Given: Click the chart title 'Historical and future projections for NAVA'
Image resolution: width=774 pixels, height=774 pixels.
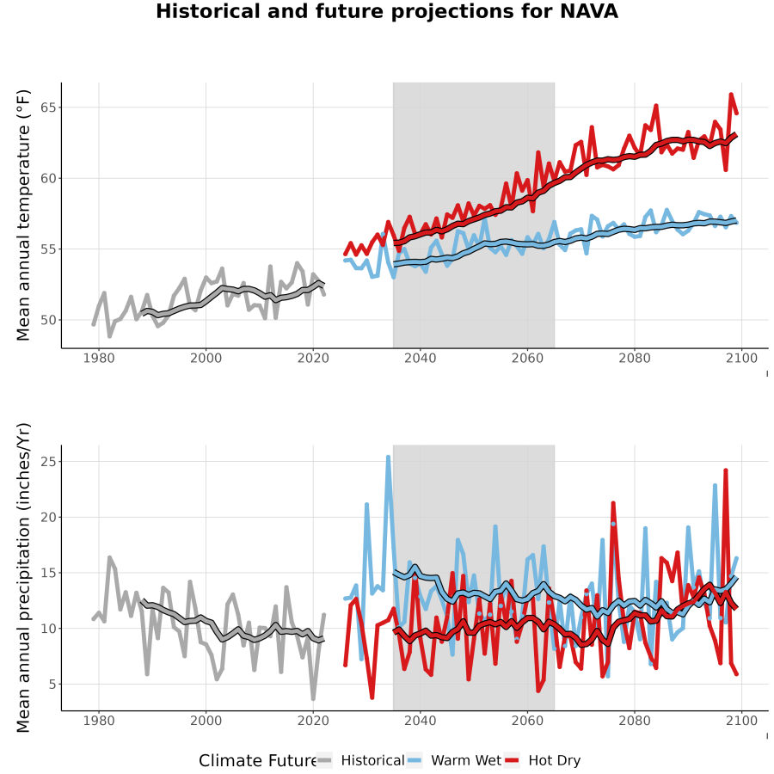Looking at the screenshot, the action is pos(387,12).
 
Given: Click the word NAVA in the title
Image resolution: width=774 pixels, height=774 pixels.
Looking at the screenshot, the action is pos(589,11).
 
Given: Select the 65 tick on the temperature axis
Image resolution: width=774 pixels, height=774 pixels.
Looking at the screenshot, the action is pos(48,107).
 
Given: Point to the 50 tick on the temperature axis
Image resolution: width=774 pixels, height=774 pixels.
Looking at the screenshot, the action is pos(48,320).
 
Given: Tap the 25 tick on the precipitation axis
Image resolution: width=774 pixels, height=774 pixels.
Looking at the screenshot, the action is pos(48,462).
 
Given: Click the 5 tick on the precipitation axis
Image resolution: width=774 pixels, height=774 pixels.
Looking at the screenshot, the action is pos(52,685).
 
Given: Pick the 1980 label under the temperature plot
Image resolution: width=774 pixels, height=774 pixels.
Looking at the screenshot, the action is pos(99,358).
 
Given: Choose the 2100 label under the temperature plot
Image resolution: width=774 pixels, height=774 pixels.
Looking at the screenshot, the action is pos(741,358).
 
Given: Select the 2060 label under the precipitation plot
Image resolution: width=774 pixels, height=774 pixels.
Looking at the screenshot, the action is pos(527,721).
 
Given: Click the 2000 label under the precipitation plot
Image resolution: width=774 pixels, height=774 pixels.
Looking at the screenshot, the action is pos(206,721).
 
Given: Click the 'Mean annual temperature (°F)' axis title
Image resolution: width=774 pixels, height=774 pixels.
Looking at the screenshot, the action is pos(23,215).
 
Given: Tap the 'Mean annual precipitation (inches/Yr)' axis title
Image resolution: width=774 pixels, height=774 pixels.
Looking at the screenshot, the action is pos(23,578).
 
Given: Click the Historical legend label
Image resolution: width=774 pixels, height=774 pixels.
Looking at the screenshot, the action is pos(372,760).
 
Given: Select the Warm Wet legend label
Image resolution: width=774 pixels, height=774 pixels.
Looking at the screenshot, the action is pos(466,760).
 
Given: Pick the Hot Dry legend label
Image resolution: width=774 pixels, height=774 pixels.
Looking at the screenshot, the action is pos(555,760).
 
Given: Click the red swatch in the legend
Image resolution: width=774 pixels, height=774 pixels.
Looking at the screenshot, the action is pos(513,761).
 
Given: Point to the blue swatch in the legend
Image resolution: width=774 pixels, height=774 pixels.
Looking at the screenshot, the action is pos(415,761).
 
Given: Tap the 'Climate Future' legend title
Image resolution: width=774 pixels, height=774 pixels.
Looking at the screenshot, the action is pos(258,761).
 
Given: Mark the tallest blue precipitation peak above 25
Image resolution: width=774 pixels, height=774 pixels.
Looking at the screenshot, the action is pos(388,458).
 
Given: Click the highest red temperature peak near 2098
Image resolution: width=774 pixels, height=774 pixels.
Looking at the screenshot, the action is pos(731,95).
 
